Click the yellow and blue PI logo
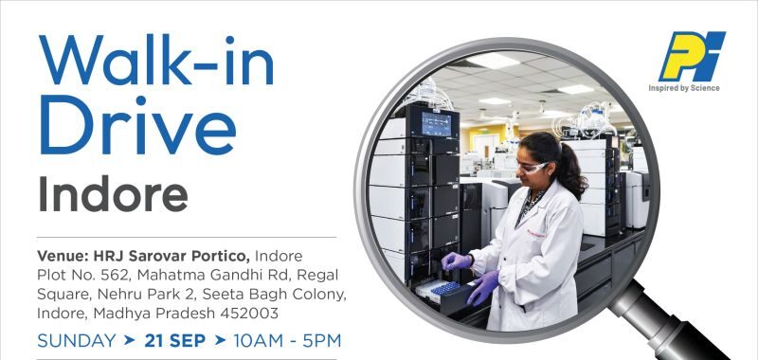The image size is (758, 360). [693, 57]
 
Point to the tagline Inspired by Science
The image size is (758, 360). [685, 88]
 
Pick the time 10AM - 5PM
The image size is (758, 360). [287, 340]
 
